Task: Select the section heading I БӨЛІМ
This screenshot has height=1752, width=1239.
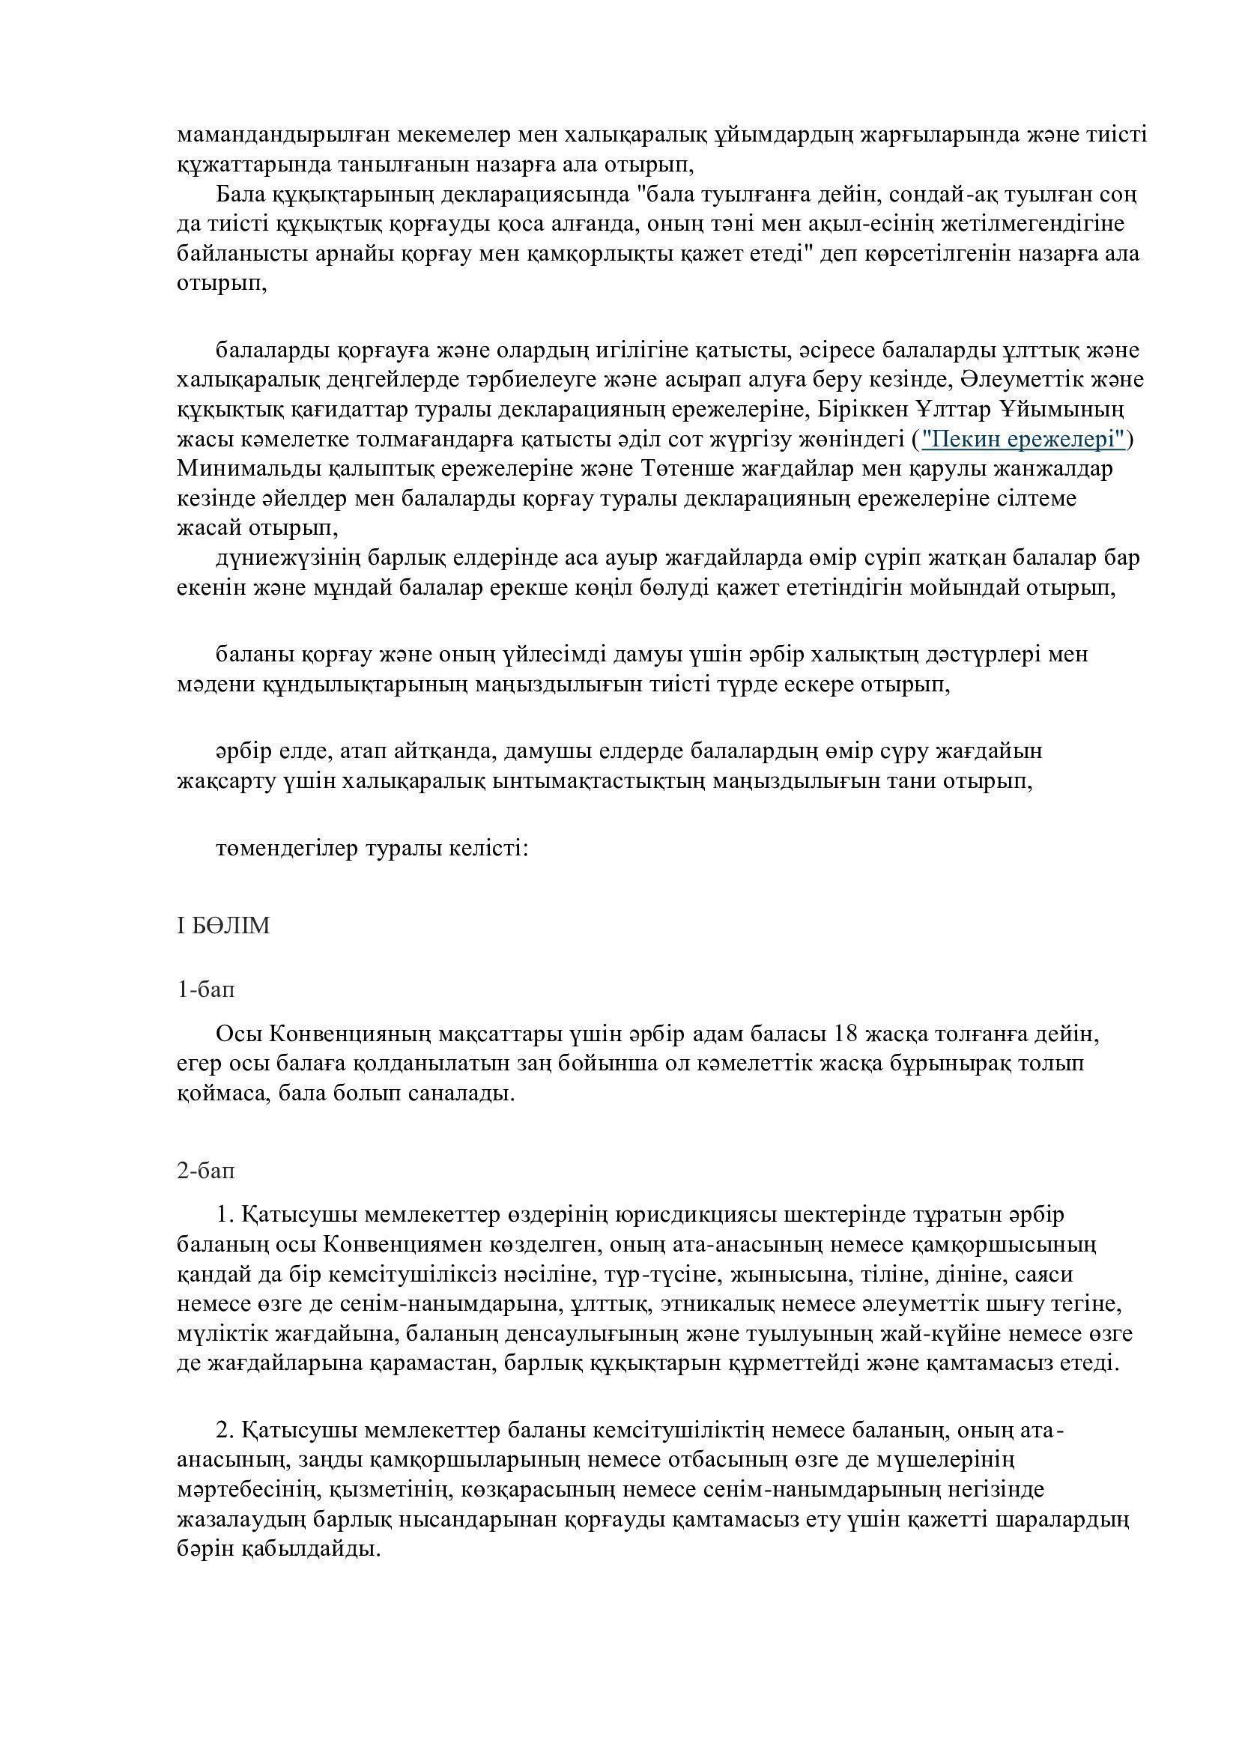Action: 222,926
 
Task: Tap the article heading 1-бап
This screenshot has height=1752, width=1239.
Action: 206,989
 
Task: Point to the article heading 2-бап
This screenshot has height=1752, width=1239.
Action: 206,1170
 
